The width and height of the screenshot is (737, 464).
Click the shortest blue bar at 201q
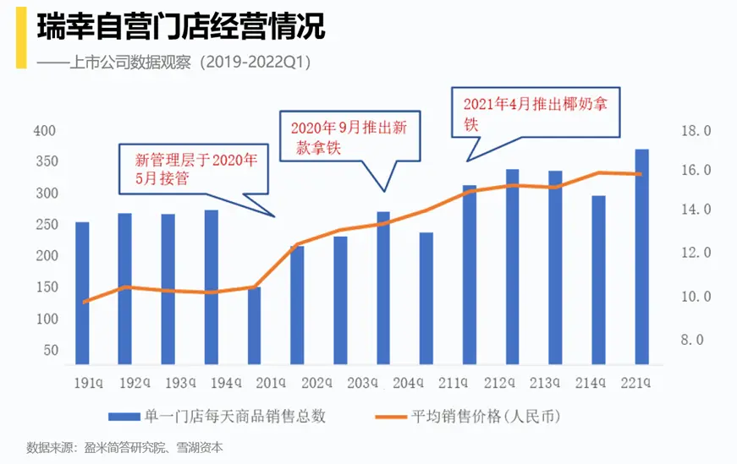[254, 325]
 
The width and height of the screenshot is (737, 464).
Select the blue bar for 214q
[599, 280]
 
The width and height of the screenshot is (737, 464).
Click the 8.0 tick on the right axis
[696, 340]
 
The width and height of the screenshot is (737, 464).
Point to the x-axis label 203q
[383, 383]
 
